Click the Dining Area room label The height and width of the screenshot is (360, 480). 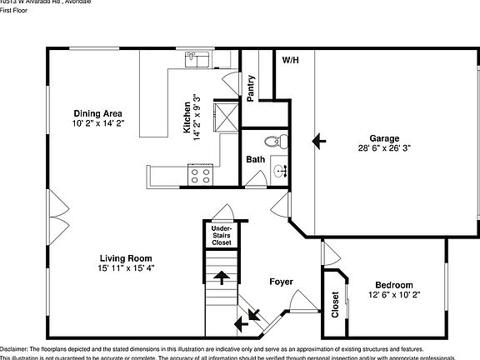(x=98, y=113)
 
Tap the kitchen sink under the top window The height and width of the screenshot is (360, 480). (x=197, y=59)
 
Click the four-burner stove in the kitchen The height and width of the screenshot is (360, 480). (x=200, y=175)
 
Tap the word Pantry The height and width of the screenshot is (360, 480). (x=252, y=88)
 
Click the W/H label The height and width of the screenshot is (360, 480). (x=290, y=61)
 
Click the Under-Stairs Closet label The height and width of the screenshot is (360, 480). (x=221, y=235)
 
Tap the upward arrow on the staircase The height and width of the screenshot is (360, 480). (x=222, y=277)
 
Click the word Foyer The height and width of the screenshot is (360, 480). (x=280, y=282)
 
